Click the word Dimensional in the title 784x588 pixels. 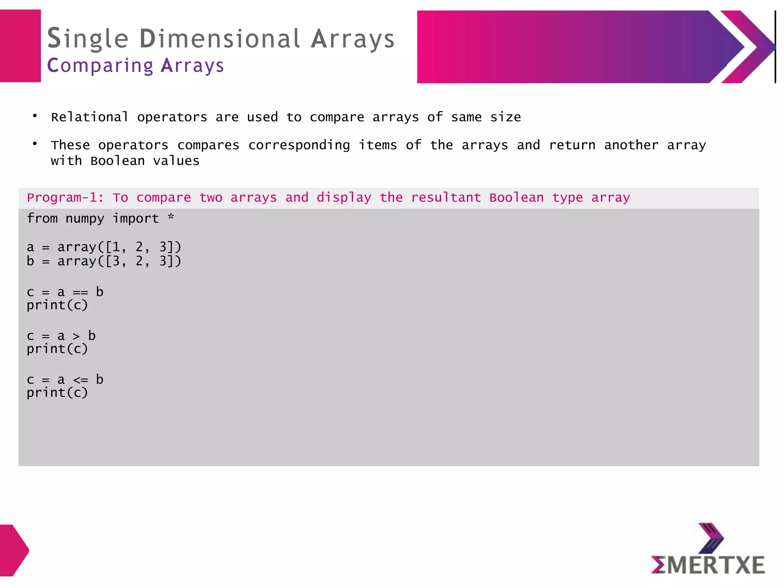(x=220, y=39)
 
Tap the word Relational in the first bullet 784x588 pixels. (x=90, y=117)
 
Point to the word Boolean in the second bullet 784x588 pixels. (x=118, y=161)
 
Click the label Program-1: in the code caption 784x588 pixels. (x=65, y=198)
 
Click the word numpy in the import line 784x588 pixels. (x=85, y=219)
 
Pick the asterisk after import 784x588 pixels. (x=171, y=217)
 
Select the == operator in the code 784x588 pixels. (x=80, y=292)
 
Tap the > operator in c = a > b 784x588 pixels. (x=76, y=336)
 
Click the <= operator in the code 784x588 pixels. (x=80, y=380)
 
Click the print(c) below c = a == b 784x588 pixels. (x=57, y=305)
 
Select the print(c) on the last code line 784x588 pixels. (x=57, y=392)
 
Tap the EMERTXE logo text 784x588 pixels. (x=708, y=565)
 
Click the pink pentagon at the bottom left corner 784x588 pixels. (x=13, y=550)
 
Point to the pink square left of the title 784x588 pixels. (x=20, y=46)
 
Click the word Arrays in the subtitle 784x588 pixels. (x=192, y=65)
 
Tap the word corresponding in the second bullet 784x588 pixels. (x=299, y=145)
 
